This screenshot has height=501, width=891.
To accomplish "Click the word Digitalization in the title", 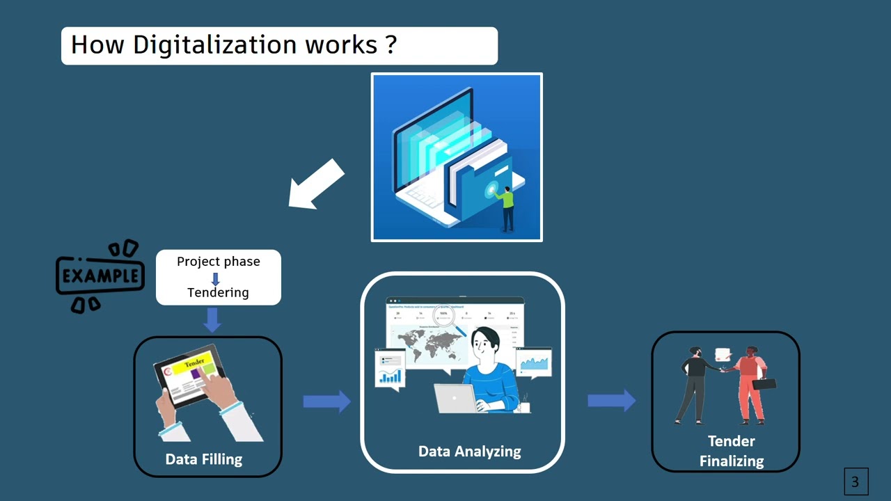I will click(215, 45).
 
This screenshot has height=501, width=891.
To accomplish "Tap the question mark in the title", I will click(390, 45).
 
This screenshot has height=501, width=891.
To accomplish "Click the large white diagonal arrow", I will click(317, 184).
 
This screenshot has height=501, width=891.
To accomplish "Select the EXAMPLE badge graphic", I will click(100, 276).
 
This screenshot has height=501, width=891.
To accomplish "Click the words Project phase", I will click(218, 262).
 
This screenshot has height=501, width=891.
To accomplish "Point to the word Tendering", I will click(218, 292).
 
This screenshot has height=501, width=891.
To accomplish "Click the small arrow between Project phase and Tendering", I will click(215, 278).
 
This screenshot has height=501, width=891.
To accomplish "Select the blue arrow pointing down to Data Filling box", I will click(212, 319).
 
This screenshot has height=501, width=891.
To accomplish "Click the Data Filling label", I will click(204, 459).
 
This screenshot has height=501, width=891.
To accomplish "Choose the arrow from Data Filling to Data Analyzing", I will click(326, 401).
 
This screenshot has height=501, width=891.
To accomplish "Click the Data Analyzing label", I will click(469, 452).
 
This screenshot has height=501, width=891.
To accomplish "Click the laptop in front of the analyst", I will click(455, 399).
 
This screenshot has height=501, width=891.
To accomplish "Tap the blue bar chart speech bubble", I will click(390, 369).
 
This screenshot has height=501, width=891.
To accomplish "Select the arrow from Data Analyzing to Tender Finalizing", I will click(611, 400).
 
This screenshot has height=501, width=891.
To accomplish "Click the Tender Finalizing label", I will click(731, 451).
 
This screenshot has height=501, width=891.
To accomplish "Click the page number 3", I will click(855, 481).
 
